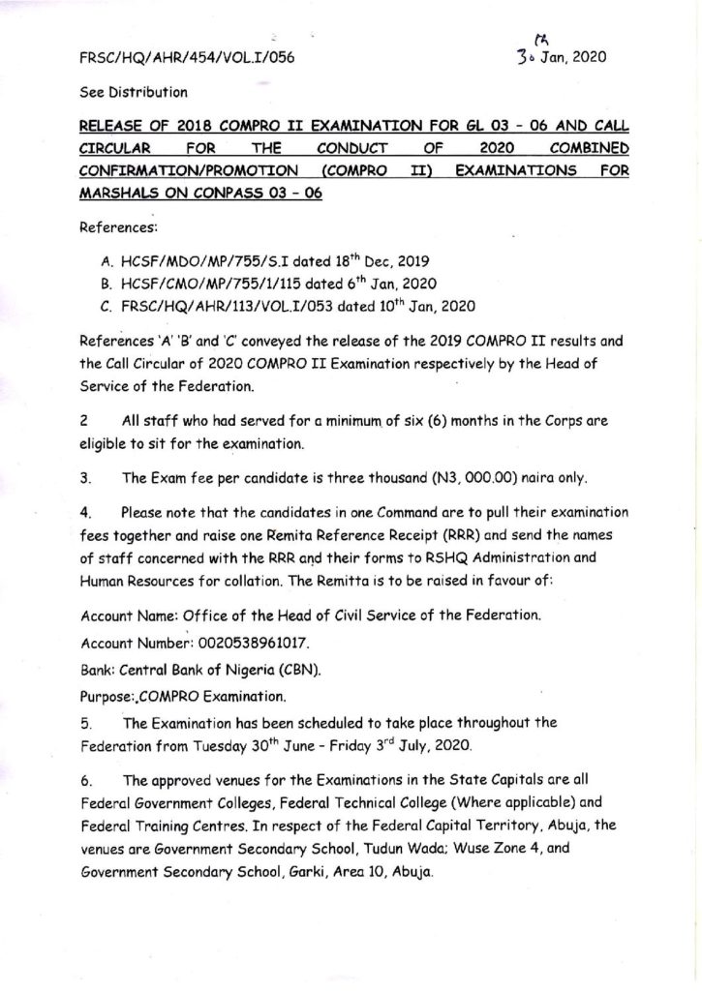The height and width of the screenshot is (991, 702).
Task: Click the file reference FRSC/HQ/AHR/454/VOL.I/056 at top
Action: [x=186, y=57]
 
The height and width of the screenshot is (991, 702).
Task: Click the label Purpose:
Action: [x=105, y=694]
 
